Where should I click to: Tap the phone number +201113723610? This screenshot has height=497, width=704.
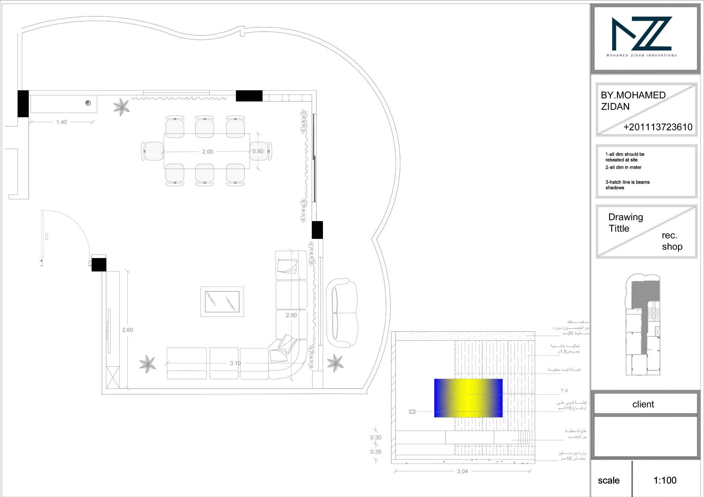pos(658,127)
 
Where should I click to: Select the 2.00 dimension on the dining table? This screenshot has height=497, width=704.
pos(207,152)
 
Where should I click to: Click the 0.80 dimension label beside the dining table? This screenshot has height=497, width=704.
pos(258,151)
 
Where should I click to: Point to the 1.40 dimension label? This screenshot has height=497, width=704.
pos(62,122)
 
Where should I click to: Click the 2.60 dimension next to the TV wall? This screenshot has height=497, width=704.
pos(127,330)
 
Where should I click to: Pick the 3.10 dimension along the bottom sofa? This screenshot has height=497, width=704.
pos(235,363)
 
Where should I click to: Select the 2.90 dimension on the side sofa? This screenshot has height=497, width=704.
pos(291,315)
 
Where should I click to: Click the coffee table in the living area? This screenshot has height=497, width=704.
pos(222,302)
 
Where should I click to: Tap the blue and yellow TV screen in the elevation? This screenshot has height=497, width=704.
pos(468,398)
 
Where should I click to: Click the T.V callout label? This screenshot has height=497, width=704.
pos(564,390)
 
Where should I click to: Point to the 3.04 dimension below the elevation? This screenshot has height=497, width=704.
pos(462,471)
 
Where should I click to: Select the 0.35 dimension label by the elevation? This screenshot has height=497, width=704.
pos(376,452)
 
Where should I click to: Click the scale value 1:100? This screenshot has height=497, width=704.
pos(665,480)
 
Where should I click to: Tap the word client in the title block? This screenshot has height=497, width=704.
pos(643,404)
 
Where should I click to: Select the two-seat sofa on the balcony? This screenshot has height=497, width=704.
pos(342,312)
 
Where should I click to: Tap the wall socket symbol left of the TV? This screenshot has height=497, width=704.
pos(412,412)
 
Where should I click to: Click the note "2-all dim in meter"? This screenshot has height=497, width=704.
pos(623,167)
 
